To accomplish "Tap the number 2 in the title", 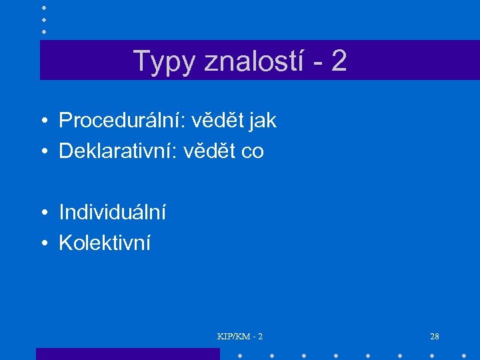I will coord(338,61).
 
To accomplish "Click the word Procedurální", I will coord(121,121).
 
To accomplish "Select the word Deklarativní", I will coord(121,151).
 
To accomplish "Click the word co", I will coord(252,152).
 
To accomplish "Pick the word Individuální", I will coord(112,213).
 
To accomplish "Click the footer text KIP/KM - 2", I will coord(240,336).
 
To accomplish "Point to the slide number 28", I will coord(435,336).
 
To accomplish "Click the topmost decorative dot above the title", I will coord(43,7).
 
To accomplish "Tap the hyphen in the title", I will coord(316,63).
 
